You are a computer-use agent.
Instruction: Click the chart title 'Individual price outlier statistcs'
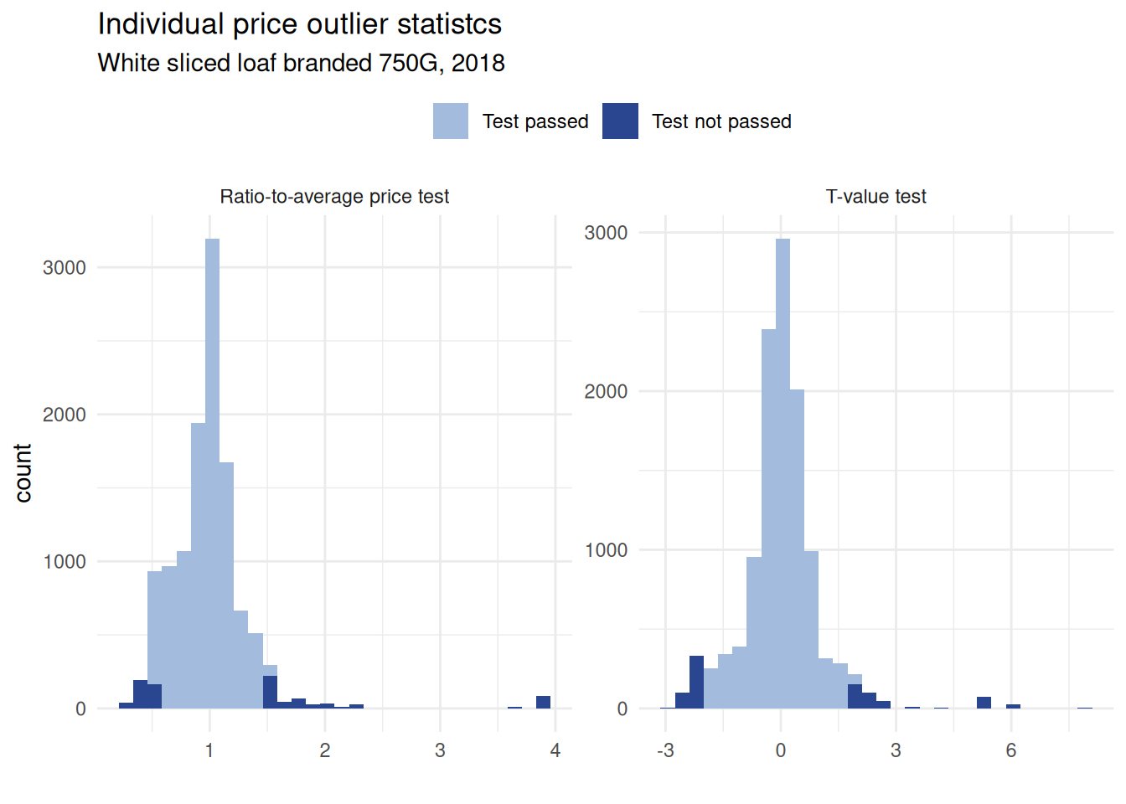[x=299, y=24]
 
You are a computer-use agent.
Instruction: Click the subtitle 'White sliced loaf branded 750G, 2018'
[x=301, y=63]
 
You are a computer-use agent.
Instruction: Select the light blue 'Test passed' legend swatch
[x=451, y=121]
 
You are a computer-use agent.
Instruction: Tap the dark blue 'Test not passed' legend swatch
[x=620, y=121]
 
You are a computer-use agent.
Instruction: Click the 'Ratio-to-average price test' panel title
[x=334, y=196]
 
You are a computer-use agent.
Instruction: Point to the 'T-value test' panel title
[x=875, y=196]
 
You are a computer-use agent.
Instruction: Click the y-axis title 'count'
[x=23, y=473]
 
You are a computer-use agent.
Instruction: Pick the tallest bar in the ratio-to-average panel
[x=212, y=469]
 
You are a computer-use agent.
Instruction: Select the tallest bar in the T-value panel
[x=783, y=469]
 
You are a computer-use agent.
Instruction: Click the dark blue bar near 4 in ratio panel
[x=543, y=702]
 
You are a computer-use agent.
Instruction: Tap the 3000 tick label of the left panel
[x=65, y=267]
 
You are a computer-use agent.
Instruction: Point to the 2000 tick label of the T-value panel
[x=606, y=391]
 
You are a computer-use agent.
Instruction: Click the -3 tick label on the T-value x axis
[x=665, y=750]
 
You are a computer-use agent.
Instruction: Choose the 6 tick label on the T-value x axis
[x=1011, y=750]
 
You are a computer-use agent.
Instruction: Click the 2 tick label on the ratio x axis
[x=325, y=750]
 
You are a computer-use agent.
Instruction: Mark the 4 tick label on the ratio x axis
[x=555, y=750]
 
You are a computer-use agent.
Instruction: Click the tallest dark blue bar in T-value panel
[x=696, y=682]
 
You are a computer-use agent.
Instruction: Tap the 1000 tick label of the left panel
[x=65, y=561]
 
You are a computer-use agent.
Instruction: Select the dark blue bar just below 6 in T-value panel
[x=984, y=702]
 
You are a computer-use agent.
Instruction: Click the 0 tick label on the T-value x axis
[x=781, y=750]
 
